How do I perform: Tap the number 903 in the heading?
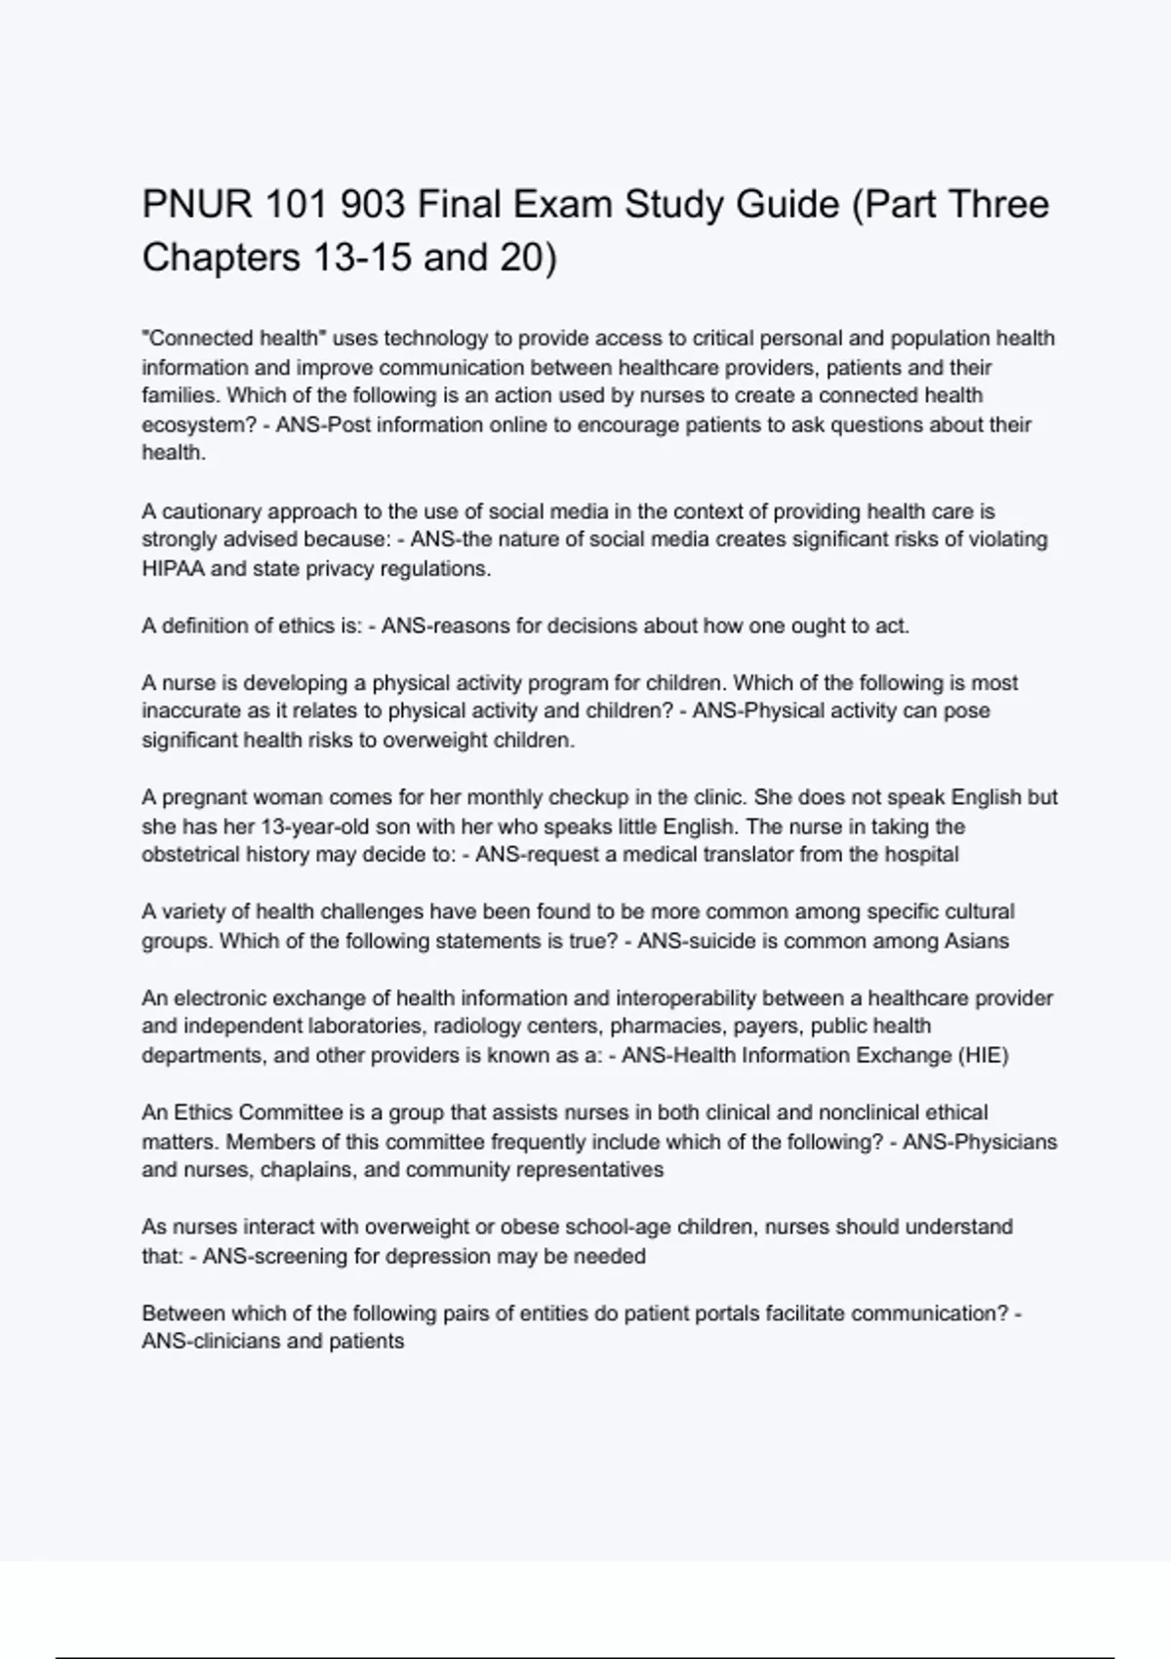(374, 205)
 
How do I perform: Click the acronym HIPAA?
(173, 569)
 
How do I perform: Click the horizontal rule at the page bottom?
(585, 1657)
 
